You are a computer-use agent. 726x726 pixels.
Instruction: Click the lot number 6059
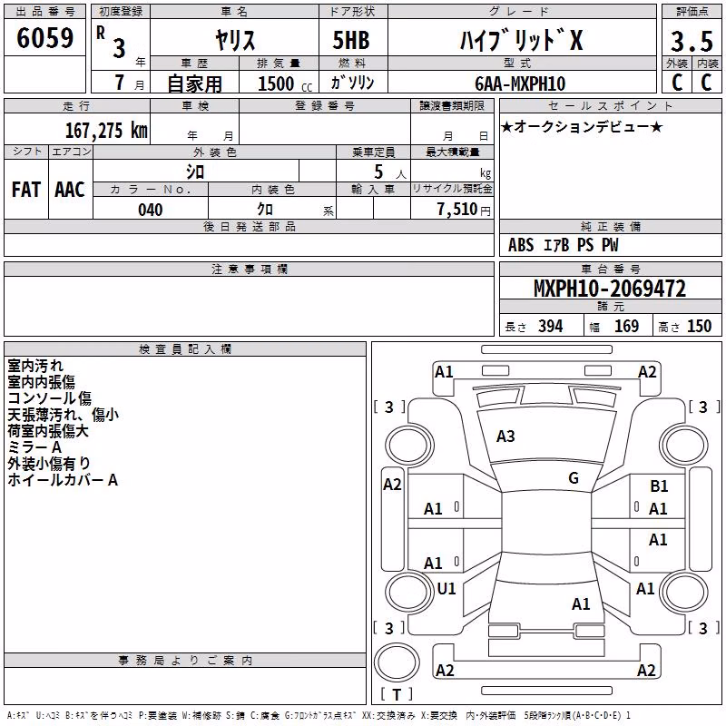[44, 38]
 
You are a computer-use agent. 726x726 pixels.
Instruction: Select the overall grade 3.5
[692, 41]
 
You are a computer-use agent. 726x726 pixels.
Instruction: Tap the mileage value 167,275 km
[106, 130]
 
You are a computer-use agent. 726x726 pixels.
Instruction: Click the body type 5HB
[351, 40]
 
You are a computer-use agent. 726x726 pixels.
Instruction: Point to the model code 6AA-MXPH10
[520, 83]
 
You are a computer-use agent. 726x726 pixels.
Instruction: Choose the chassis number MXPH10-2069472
[610, 289]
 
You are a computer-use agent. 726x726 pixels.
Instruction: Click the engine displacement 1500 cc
[285, 83]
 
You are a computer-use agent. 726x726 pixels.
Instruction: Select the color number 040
[150, 210]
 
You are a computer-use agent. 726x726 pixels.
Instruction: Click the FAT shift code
[26, 190]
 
